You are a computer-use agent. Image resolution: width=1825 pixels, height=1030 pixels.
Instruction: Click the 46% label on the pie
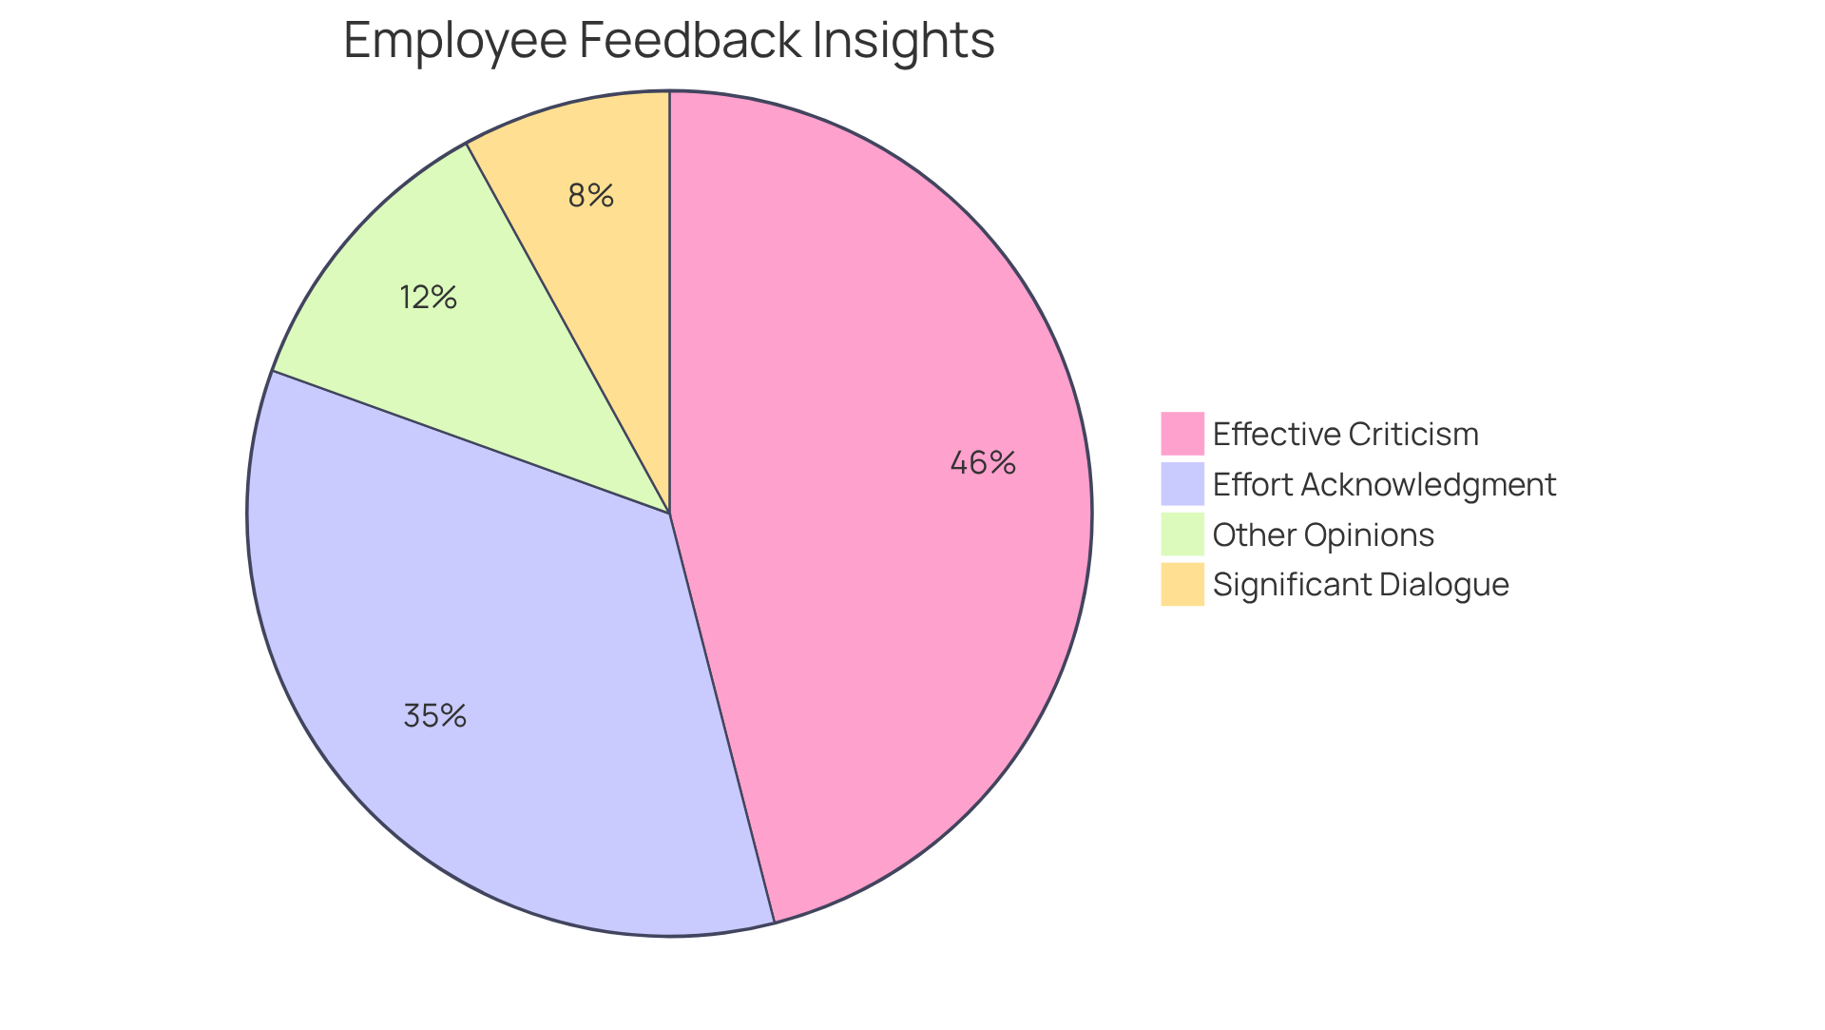click(983, 463)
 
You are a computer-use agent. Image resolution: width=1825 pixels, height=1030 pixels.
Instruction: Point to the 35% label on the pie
click(434, 716)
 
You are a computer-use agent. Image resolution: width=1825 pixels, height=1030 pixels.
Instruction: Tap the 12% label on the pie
click(428, 298)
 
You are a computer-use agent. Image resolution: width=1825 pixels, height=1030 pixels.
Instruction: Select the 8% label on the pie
click(590, 196)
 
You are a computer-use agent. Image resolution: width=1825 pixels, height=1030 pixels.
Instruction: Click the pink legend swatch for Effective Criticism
click(1181, 434)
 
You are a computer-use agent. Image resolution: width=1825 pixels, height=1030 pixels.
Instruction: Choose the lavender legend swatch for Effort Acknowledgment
click(1181, 484)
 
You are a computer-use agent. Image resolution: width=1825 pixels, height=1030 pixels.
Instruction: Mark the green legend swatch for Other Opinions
click(1181, 534)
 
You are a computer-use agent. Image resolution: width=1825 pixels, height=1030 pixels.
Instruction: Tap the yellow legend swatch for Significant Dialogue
click(1181, 584)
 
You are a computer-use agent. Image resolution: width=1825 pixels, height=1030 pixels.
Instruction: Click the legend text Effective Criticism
click(1345, 434)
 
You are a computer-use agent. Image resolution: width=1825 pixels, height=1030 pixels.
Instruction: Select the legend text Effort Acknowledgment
click(1384, 484)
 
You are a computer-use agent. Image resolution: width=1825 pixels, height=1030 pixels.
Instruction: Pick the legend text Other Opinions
click(1323, 534)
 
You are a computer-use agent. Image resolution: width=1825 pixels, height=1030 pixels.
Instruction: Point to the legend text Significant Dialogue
click(1360, 584)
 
